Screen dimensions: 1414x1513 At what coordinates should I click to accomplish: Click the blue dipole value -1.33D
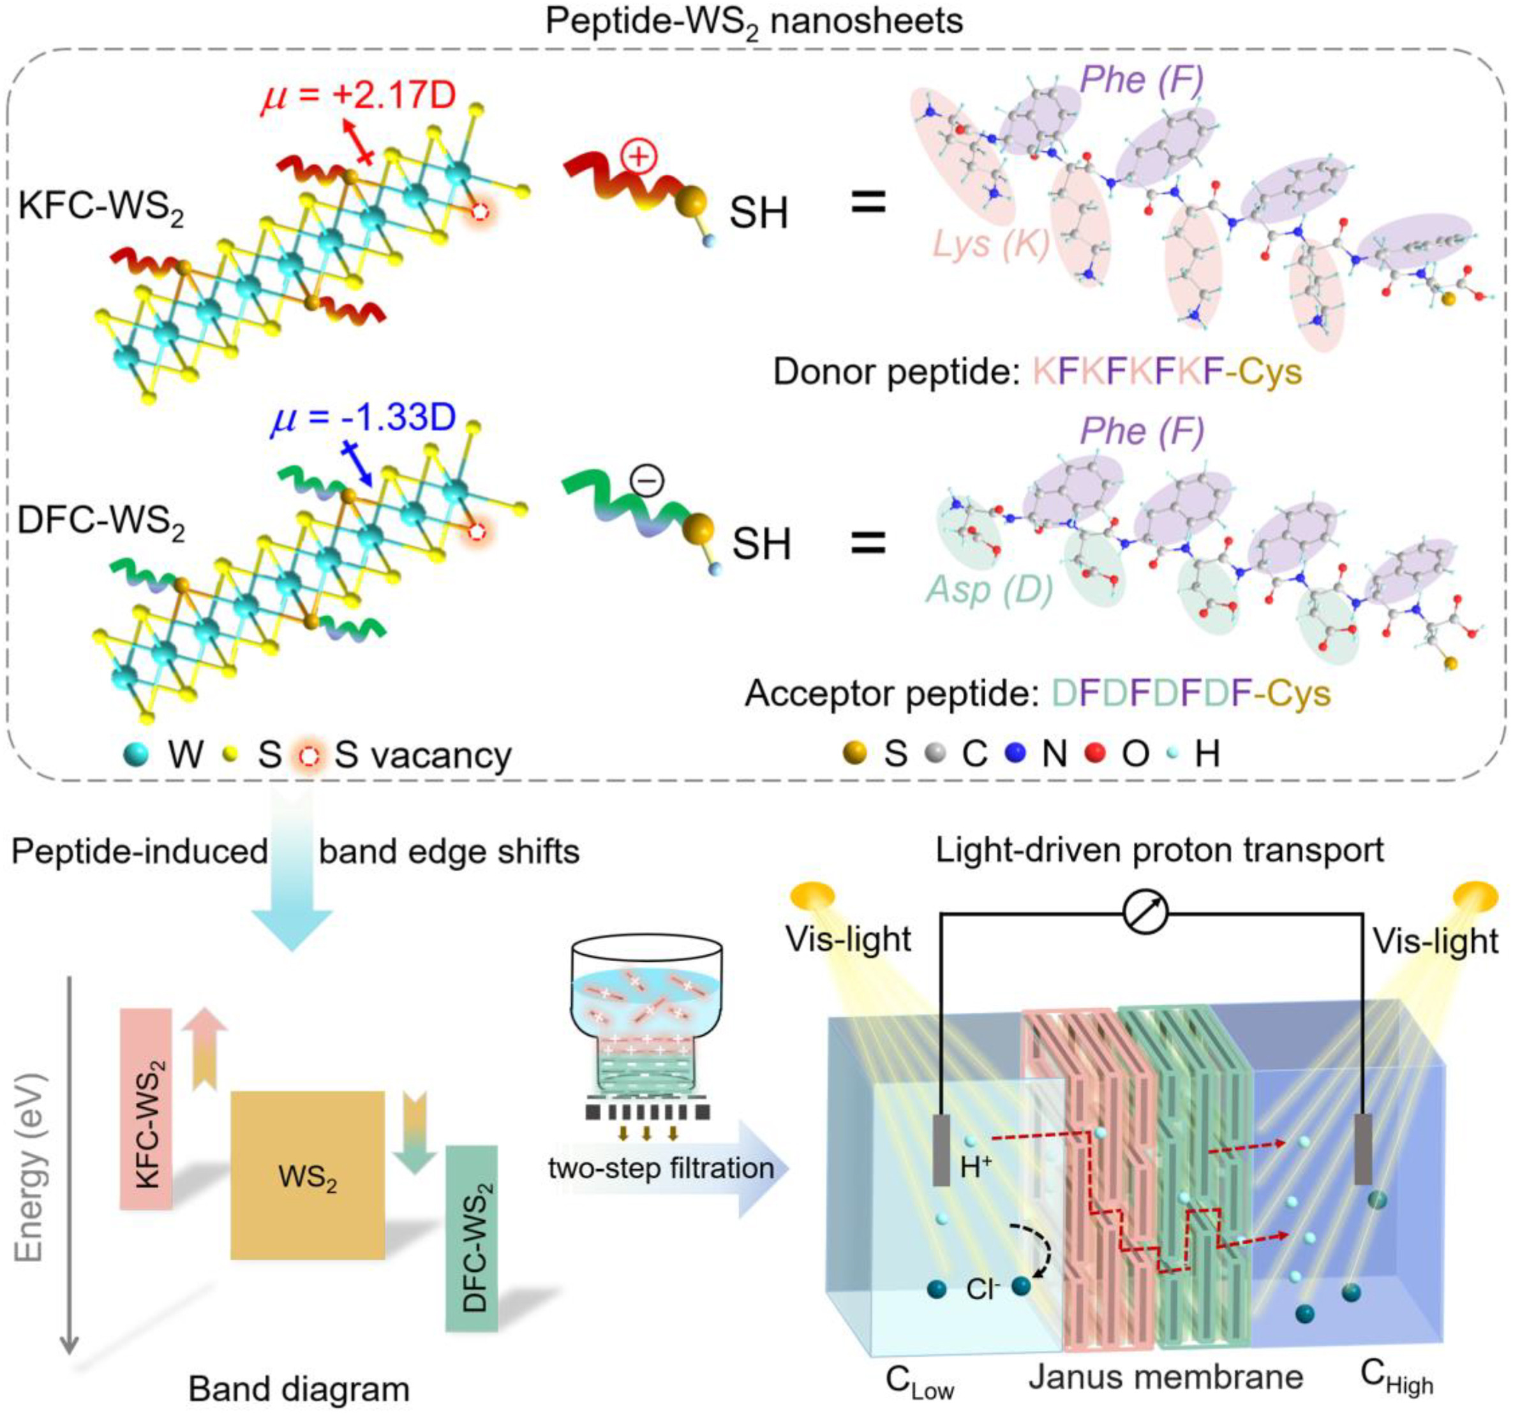tap(363, 418)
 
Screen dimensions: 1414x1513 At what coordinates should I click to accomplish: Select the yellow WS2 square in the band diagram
tap(308, 1175)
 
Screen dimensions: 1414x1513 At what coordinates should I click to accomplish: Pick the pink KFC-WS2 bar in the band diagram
tap(146, 1109)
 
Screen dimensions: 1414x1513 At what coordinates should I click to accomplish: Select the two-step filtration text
tap(660, 1168)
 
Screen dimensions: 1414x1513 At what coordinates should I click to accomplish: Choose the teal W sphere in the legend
tap(138, 755)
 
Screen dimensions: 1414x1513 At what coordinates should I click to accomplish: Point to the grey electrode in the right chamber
tap(1363, 1149)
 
